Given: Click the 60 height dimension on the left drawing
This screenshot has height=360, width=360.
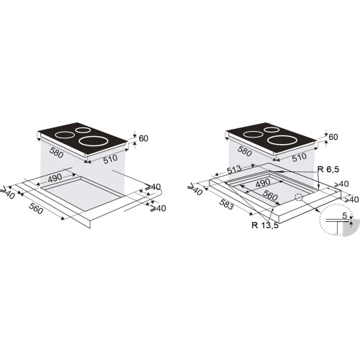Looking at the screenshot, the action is point(143,138).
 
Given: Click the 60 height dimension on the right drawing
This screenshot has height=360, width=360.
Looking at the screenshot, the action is point(333,137).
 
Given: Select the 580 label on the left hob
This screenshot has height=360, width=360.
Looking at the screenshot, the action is point(56,153).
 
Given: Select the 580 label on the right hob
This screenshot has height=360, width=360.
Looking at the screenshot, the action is point(245,151).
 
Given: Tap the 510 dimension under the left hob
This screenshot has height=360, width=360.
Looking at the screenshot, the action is point(110,159).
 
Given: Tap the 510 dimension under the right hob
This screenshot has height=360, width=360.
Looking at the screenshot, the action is point(300,157).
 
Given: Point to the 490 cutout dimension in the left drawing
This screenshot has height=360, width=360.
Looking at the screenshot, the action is point(55,178).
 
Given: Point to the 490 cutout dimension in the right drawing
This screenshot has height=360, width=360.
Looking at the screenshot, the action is point(263,184).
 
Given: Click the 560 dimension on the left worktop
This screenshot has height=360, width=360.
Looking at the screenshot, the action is point(36,208).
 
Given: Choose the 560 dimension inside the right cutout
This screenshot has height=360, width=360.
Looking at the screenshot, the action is point(270,195).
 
